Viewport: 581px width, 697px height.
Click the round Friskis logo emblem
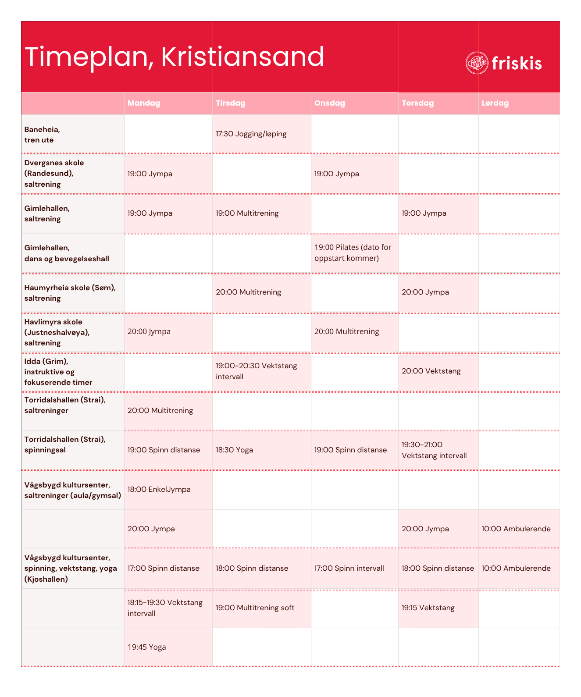tap(477, 63)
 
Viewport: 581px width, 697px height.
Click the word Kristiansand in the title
tap(242, 57)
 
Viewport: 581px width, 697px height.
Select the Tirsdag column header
tap(230, 103)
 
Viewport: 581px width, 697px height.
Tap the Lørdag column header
tap(495, 103)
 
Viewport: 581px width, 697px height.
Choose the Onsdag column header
tap(330, 103)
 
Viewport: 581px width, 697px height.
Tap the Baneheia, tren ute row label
tap(42, 135)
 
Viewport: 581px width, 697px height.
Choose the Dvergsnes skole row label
tap(54, 173)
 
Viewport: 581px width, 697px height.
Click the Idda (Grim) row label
tap(58, 372)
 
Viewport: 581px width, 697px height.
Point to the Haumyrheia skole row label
tap(70, 293)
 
